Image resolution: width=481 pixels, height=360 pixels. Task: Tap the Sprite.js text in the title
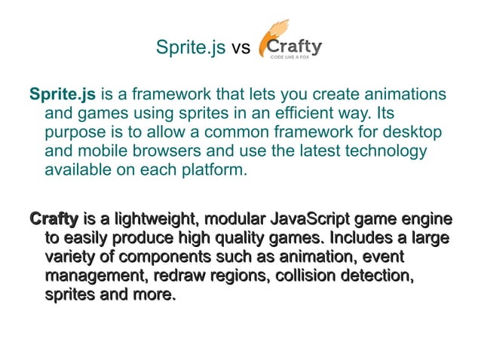(191, 48)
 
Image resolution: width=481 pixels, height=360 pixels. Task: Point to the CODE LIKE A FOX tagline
(302, 56)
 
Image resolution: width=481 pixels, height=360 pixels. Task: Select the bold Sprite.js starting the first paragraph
(62, 95)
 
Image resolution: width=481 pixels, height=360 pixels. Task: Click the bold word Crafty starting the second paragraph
(54, 220)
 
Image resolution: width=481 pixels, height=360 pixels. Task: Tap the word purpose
(75, 133)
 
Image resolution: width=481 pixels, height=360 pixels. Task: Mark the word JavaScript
(313, 220)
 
